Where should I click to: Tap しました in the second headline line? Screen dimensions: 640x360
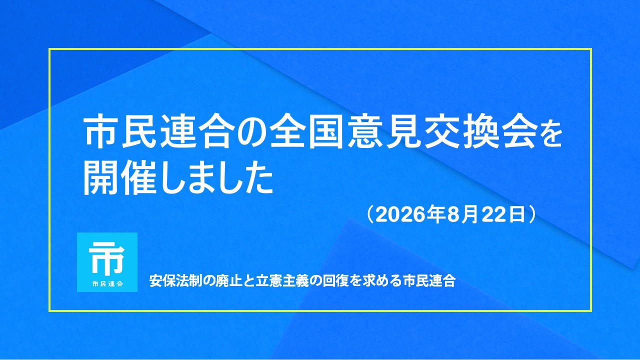pos(216,178)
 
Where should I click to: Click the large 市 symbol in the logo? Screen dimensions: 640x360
pos(106,257)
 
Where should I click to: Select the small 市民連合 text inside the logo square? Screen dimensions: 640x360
pos(107,284)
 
